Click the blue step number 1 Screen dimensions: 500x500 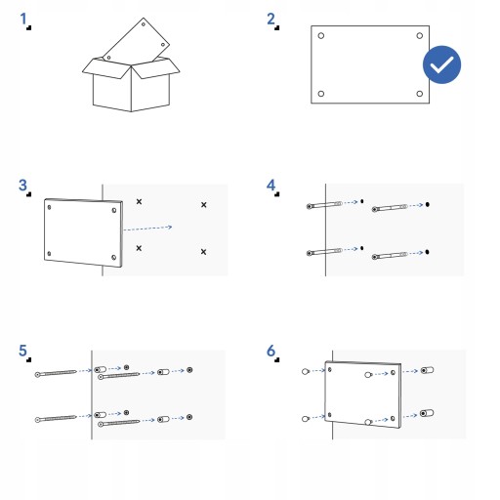tap(23, 19)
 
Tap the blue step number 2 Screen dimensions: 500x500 tap(271, 19)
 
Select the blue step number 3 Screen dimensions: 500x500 tap(22, 186)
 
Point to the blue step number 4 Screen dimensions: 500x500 tap(271, 186)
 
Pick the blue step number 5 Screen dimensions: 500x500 tap(22, 351)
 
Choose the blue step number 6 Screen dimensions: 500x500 tap(271, 351)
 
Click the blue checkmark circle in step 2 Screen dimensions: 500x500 tap(441, 64)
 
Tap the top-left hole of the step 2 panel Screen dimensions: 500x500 tap(321, 35)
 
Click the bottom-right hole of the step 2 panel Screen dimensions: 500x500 tap(420, 94)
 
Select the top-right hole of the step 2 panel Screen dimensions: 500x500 tap(420, 35)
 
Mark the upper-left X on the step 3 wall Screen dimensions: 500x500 tap(139, 202)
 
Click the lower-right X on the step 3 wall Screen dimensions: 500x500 tap(203, 252)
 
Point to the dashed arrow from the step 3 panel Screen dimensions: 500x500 tap(147, 229)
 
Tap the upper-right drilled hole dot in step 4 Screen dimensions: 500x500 tap(428, 204)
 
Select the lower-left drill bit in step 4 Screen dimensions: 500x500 tap(324, 252)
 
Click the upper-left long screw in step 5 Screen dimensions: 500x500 tap(56, 373)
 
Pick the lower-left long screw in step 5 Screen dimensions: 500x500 tap(56, 418)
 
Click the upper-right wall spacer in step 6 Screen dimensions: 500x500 tap(427, 370)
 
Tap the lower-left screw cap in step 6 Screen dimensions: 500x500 tap(305, 419)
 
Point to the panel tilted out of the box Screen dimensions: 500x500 tap(137, 40)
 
